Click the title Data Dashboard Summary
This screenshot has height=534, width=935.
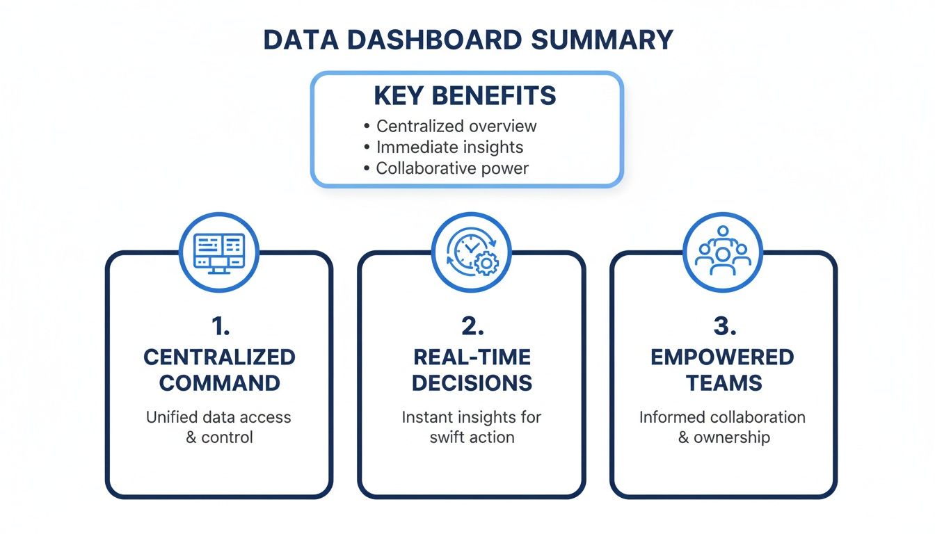click(x=467, y=40)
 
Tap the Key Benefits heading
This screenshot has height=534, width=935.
click(x=465, y=96)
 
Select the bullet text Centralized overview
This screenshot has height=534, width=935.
click(x=456, y=127)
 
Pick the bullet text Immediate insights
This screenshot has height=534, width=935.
click(x=449, y=147)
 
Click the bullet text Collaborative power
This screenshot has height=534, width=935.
click(x=452, y=168)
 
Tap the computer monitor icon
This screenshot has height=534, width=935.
click(x=219, y=252)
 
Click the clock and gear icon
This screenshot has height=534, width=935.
click(x=471, y=252)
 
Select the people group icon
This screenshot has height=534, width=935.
click(x=723, y=252)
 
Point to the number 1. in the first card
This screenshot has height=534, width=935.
click(x=219, y=327)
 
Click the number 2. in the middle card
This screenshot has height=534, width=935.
click(x=471, y=327)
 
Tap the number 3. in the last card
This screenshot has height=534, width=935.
click(x=723, y=327)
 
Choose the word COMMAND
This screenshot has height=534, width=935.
click(x=219, y=382)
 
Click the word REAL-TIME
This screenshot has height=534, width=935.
click(x=471, y=357)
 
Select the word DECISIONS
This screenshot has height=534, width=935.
click(x=471, y=382)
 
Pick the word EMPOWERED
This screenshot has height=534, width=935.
click(x=723, y=357)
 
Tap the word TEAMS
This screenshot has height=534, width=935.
click(x=723, y=382)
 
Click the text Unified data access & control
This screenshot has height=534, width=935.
click(x=219, y=427)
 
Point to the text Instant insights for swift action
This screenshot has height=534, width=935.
click(x=471, y=427)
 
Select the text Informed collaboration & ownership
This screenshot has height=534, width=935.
click(x=723, y=427)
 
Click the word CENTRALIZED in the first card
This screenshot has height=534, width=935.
click(x=219, y=357)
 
